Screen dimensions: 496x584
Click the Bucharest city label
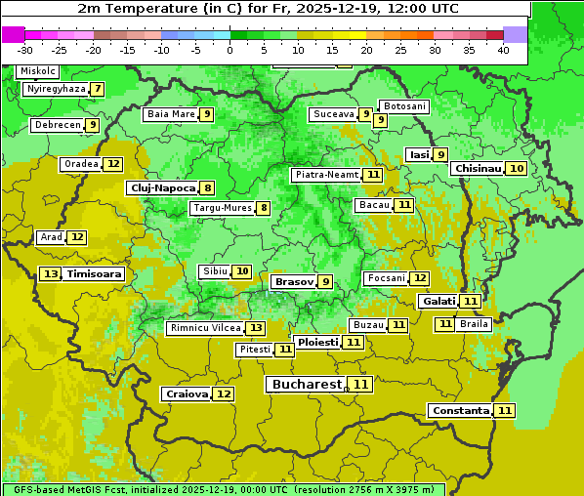[306, 385]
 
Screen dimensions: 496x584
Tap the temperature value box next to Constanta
[505, 411]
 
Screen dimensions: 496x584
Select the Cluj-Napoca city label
[161, 187]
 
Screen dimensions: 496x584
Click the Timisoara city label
[95, 274]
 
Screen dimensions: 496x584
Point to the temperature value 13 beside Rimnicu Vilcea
[255, 328]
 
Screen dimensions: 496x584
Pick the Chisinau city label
[478, 168]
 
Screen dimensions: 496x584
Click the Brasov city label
[293, 281]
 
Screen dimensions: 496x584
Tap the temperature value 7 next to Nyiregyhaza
[98, 89]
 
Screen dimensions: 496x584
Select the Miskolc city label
[38, 71]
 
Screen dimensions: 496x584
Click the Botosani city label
[404, 105]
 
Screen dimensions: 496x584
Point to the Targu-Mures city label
[222, 208]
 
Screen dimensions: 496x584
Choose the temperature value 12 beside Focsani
[420, 278]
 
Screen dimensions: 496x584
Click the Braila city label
[474, 323]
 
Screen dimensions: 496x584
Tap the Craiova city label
[186, 393]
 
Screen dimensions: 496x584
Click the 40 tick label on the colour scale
[503, 50]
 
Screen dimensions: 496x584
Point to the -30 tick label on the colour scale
[25, 50]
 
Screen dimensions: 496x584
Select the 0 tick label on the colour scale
[229, 50]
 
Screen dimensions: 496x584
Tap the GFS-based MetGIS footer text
[223, 489]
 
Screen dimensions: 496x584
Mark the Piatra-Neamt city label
[326, 175]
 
